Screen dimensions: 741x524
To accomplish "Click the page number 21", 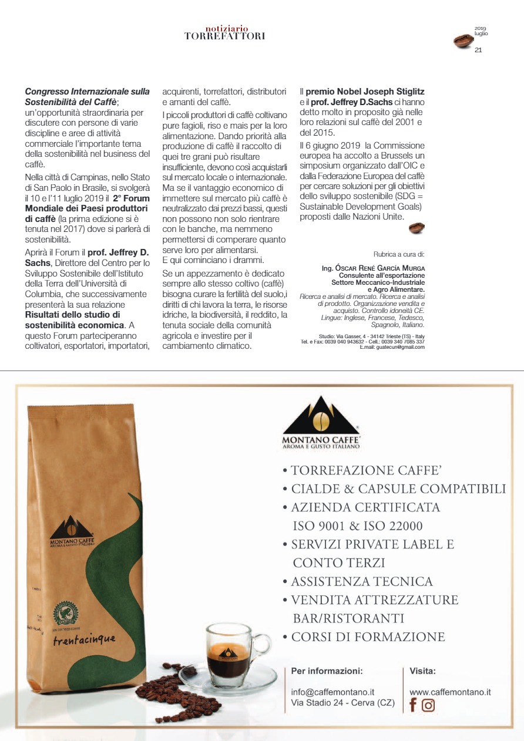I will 478,50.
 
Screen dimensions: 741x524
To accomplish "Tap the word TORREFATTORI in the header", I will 225,36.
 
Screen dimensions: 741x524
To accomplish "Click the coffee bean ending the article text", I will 416,228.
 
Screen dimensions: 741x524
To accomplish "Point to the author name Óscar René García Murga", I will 373,268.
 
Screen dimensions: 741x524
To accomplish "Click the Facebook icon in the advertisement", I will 413,705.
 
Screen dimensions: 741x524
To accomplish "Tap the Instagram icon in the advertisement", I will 428,705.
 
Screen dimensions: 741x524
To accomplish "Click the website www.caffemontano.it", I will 450,692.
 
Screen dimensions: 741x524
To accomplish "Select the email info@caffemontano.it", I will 333,692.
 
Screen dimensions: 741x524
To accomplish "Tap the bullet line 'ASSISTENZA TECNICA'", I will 361,581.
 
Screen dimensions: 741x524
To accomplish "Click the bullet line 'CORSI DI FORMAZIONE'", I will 368,636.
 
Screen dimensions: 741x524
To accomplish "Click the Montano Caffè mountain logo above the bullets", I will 321,415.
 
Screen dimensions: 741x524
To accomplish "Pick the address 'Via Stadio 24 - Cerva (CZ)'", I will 342,703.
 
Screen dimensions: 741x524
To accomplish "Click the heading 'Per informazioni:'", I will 327,671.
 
